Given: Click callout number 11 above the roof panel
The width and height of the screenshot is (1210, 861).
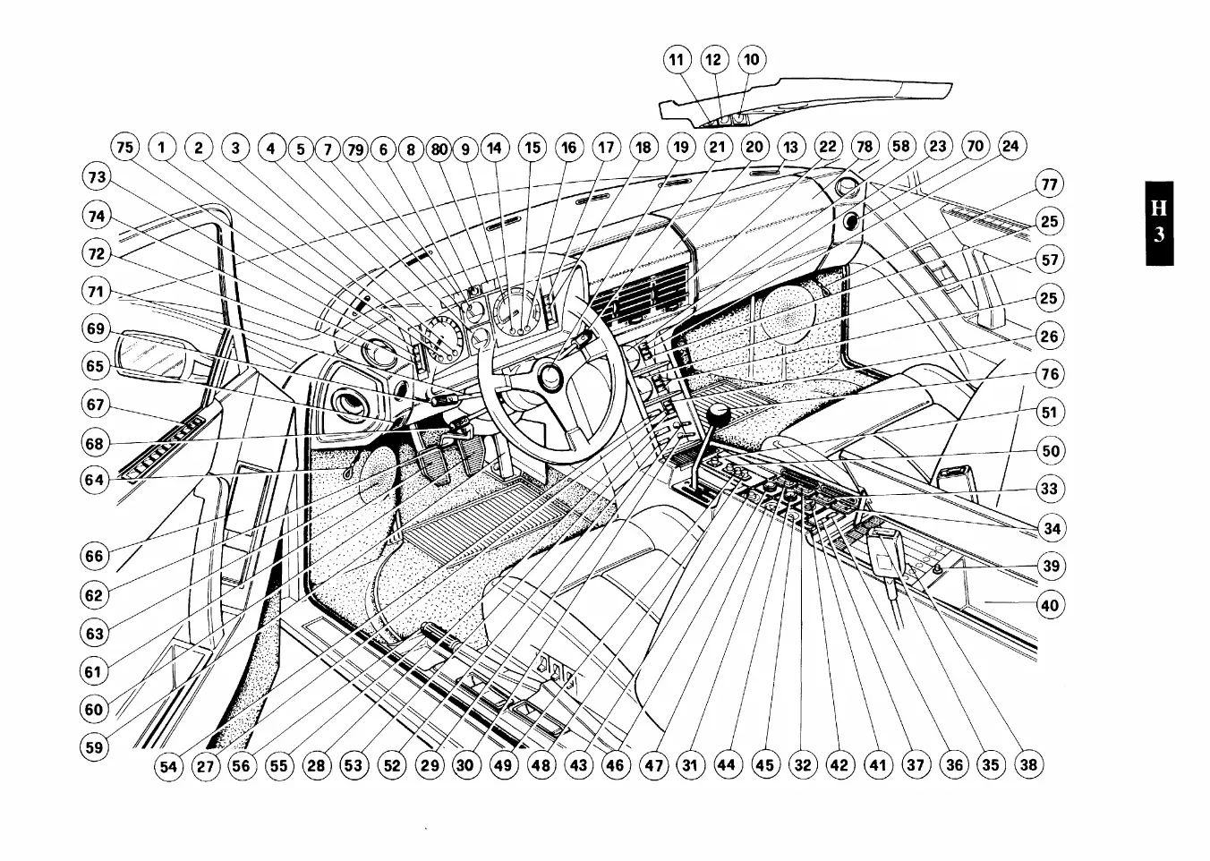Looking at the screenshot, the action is (677, 60).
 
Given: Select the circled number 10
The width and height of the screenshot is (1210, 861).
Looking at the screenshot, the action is (751, 60).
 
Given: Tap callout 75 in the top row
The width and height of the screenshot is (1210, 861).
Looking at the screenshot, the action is (125, 147).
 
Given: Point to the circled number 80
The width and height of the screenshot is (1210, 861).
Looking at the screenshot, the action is (438, 149).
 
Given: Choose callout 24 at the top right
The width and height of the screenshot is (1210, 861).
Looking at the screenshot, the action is (1010, 146).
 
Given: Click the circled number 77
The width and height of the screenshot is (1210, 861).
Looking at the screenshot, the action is (1049, 184).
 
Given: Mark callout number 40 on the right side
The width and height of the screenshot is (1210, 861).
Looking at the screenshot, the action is (1049, 605).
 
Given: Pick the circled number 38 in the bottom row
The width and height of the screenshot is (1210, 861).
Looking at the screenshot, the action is (1028, 764).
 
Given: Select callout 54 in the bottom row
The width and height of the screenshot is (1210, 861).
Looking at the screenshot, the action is (168, 766).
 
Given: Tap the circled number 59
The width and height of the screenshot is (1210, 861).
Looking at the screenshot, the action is (94, 747).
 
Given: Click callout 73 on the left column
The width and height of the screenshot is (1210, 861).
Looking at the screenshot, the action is (96, 177).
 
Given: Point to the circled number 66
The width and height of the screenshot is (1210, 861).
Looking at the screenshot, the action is (94, 556).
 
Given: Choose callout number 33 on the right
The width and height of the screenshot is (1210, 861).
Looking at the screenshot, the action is (1049, 489).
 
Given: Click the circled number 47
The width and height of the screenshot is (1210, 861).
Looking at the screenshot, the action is (654, 765).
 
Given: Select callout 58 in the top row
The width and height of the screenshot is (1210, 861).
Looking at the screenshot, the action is (900, 146).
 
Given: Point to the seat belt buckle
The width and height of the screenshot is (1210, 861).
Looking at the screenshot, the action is (886, 553).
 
